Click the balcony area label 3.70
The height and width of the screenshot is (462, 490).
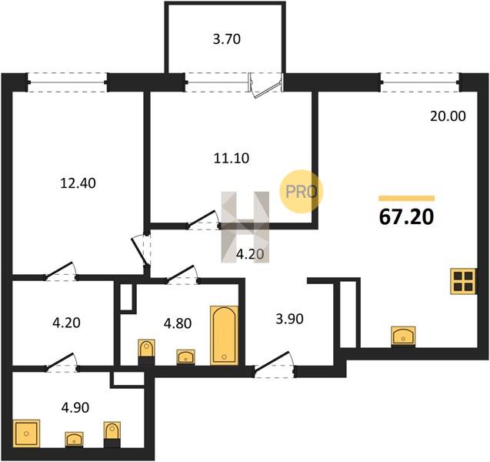click(227, 40)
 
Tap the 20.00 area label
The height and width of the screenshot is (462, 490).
click(448, 116)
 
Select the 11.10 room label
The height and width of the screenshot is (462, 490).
click(232, 159)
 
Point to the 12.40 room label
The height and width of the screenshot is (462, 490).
click(78, 183)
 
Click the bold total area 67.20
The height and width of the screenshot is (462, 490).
click(406, 217)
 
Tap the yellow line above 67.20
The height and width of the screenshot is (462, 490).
click(406, 198)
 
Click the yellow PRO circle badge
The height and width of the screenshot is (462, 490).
click(301, 192)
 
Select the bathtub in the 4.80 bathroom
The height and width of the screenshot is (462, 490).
click(225, 335)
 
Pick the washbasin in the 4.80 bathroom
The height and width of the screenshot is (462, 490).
click(185, 357)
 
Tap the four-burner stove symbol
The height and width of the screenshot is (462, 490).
click(463, 281)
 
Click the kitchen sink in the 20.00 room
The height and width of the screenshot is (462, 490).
click(403, 336)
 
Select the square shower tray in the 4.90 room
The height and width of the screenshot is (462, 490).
click(26, 434)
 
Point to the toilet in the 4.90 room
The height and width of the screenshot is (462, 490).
click(112, 434)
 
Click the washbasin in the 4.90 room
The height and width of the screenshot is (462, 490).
click(74, 439)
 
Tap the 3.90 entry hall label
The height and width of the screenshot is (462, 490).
click(290, 319)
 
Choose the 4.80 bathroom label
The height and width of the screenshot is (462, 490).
click(178, 323)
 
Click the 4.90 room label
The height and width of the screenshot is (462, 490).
click(75, 407)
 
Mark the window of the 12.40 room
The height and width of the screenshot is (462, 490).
click(67, 82)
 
